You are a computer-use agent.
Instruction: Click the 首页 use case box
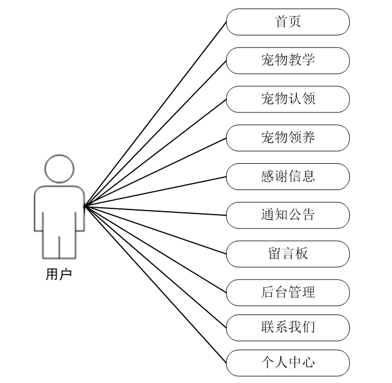[x=287, y=22]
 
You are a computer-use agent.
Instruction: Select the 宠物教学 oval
[x=287, y=61]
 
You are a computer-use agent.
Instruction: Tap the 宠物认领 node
[x=287, y=99]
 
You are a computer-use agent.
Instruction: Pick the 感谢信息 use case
[x=287, y=176]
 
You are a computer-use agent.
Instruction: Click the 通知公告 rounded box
[x=287, y=215]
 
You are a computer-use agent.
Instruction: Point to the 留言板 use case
[x=287, y=254]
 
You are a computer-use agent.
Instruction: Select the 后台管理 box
[x=287, y=293]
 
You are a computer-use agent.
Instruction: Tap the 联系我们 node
[x=287, y=328]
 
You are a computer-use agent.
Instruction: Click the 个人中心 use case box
[x=287, y=363]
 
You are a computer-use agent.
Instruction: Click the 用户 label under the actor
[x=59, y=275]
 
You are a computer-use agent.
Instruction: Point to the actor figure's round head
[x=59, y=168]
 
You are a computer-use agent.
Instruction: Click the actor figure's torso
[x=59, y=208]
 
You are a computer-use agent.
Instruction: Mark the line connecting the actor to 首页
[x=155, y=114]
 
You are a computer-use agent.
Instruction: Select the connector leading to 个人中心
[x=155, y=284]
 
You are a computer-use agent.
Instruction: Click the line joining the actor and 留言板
[x=155, y=229]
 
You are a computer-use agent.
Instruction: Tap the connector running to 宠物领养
[x=155, y=171]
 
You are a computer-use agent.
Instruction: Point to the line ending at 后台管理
[x=155, y=248]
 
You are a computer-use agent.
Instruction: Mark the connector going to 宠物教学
[x=155, y=133]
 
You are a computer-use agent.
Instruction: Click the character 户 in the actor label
[x=66, y=275]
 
